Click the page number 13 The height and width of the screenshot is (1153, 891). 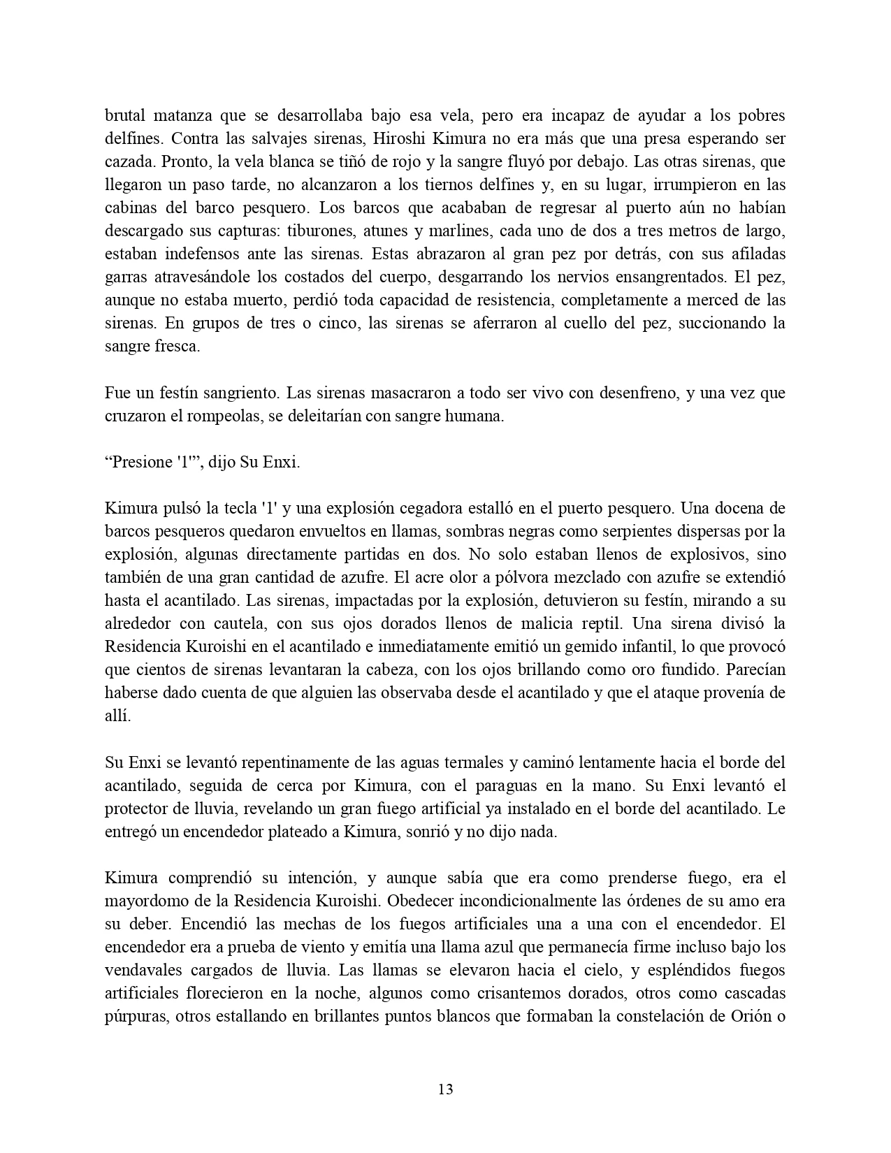point(445,1089)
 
